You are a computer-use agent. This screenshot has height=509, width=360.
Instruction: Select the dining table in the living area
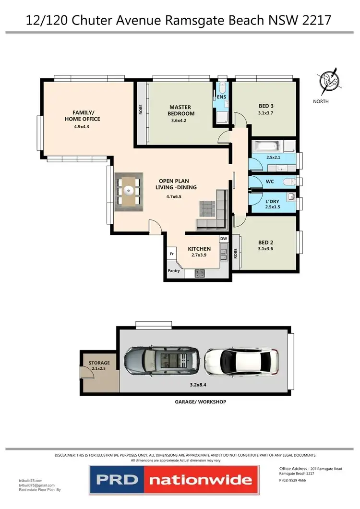pyautogui.click(x=128, y=191)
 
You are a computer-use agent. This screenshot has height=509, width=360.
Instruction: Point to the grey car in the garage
pyautogui.click(x=161, y=360)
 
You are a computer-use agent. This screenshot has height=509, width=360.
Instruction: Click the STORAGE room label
pyautogui.click(x=99, y=363)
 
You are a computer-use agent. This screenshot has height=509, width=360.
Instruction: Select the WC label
pyautogui.click(x=269, y=182)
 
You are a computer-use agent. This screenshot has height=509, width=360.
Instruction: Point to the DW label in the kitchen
pyautogui.click(x=223, y=239)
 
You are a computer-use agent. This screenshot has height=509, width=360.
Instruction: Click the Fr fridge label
pyautogui.click(x=171, y=254)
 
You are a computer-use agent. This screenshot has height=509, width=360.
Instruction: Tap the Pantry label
pyautogui.click(x=173, y=271)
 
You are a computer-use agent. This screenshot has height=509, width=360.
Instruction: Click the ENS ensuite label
pyautogui.click(x=221, y=97)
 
